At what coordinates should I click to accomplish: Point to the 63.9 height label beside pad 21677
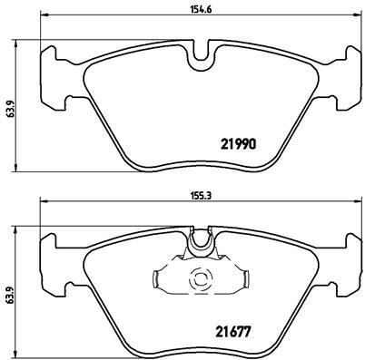tap(10, 294)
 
